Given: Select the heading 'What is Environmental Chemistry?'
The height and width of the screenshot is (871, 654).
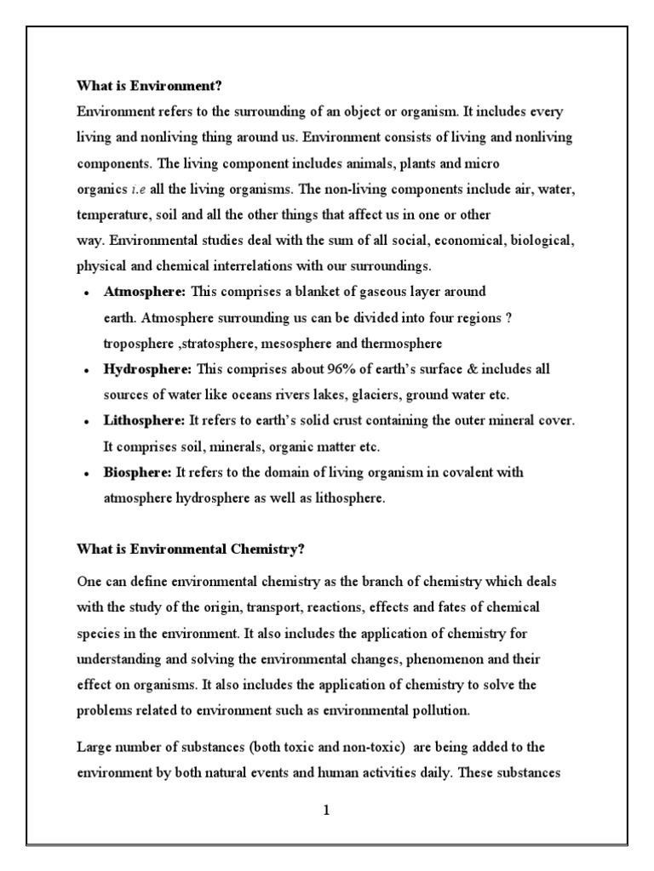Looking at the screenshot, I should coord(191,549).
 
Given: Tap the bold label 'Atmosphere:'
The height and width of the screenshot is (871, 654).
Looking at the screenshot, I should coord(144,292).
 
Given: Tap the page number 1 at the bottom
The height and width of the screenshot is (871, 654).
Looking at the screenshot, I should coord(325,811).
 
